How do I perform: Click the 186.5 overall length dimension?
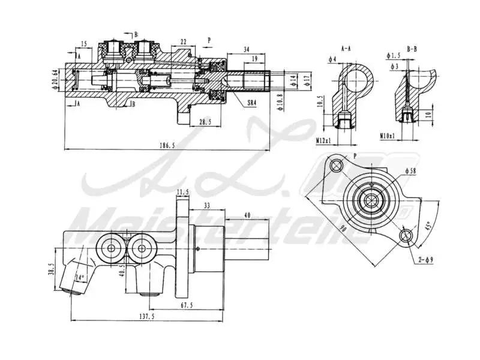169,145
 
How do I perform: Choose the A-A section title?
346,46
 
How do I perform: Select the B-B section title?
413,46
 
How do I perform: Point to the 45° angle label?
427,227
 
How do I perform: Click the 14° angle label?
79,277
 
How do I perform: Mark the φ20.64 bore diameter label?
55,79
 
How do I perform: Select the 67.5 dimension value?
187,305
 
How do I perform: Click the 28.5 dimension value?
205,122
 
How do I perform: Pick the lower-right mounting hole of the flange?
408,236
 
